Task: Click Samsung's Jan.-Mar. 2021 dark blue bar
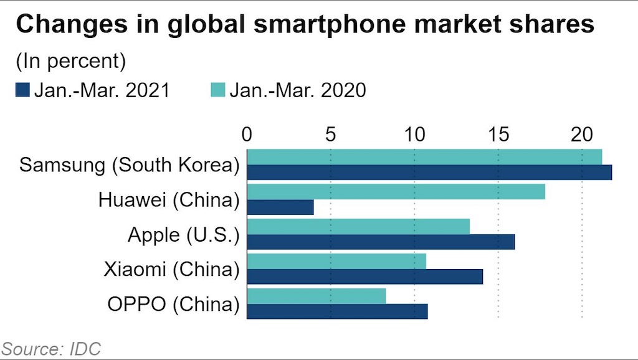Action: click(429, 173)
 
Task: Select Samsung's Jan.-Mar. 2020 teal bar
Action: click(424, 157)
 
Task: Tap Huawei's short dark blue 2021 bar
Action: click(280, 207)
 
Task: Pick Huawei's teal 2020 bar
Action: click(396, 192)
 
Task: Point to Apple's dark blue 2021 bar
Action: click(381, 242)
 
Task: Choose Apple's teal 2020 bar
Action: click(358, 227)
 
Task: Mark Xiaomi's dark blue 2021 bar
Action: click(365, 277)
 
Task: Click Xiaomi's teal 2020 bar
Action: click(336, 262)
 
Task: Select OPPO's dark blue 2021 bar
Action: click(338, 311)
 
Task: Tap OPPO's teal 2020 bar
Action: click(317, 296)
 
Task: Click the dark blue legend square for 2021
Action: click(22, 91)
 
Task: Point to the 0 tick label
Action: click(247, 135)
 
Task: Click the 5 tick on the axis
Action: click(330, 135)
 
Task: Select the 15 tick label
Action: click(498, 135)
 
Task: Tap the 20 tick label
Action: click(581, 135)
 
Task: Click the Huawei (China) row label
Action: click(169, 200)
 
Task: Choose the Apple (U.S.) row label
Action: click(183, 235)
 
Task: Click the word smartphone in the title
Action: click(268, 27)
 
